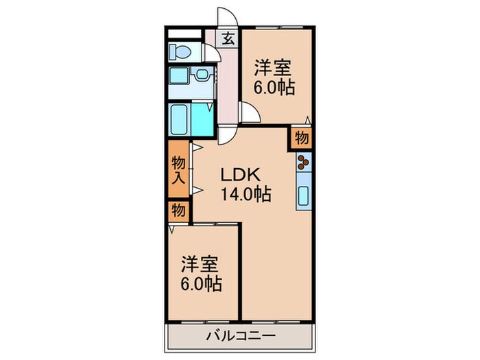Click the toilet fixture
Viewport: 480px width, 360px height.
tap(182, 52)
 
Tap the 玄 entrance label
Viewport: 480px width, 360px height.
tap(228, 39)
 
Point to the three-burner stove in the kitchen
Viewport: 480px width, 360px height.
tap(303, 163)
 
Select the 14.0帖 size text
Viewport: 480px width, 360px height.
tap(245, 194)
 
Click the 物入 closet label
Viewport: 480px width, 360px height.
tap(178, 169)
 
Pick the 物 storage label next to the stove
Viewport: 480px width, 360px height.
tap(302, 137)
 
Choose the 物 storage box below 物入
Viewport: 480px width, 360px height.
tap(178, 210)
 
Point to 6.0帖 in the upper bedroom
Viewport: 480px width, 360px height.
tap(274, 87)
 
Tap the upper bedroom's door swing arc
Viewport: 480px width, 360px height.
tap(250, 114)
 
